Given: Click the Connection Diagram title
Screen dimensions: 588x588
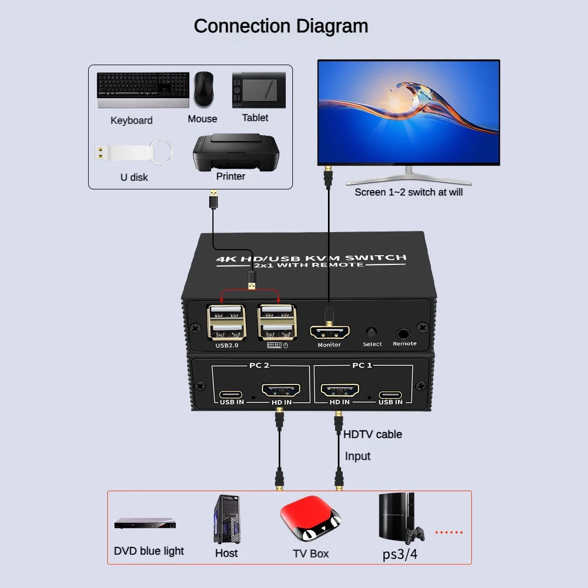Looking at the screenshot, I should pos(281,26).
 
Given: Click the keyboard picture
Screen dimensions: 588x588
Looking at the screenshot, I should pos(143,90).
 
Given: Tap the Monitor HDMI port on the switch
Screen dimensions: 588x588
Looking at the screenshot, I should pos(330,332).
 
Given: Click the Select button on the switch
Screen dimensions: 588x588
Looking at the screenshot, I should pos(372,332).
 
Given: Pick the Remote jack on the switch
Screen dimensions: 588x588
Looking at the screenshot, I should pos(404,333).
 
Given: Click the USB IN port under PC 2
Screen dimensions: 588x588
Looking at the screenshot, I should pos(232,394).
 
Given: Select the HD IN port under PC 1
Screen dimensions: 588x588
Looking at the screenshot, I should pos(339,391).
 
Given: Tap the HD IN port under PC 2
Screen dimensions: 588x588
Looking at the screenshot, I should pos(281,391).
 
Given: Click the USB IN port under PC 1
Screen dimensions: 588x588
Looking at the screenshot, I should pos(390,394).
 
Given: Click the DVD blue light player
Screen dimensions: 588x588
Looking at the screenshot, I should pos(145,524).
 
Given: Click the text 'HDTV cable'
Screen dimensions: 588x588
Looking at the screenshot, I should pos(372,434).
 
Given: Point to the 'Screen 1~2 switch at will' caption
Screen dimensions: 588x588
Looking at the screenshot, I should pos(408,192).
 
